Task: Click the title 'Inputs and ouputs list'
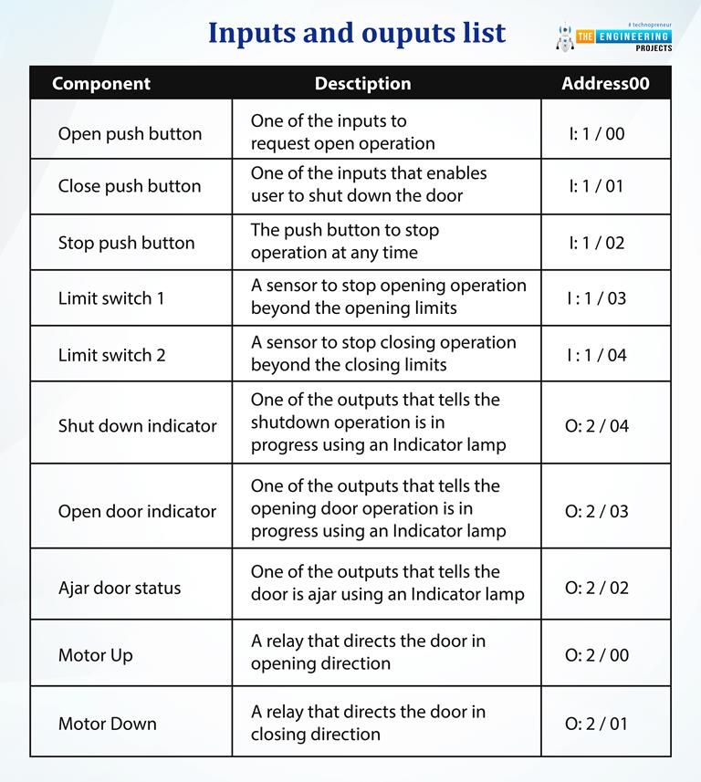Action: (x=356, y=33)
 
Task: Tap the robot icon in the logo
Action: (x=563, y=36)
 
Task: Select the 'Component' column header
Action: (x=101, y=84)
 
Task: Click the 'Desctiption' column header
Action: (x=362, y=84)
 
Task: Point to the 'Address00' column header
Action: (x=605, y=84)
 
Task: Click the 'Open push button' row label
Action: (x=130, y=133)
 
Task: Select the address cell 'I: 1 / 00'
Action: (x=597, y=133)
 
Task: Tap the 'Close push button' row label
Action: (x=130, y=186)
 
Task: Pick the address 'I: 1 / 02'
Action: (x=597, y=243)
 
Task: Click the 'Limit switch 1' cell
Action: (x=111, y=298)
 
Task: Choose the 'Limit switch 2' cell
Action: (x=112, y=355)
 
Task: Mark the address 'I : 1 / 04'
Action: (x=597, y=355)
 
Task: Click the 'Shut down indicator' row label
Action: (x=138, y=425)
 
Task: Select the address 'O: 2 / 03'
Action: (x=597, y=511)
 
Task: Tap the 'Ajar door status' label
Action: (x=120, y=588)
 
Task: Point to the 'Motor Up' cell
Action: (x=96, y=655)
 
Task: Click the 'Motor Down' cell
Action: (x=108, y=724)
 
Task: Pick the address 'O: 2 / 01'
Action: (x=597, y=724)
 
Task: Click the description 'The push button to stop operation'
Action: (x=345, y=242)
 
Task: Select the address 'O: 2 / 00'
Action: (x=597, y=655)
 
